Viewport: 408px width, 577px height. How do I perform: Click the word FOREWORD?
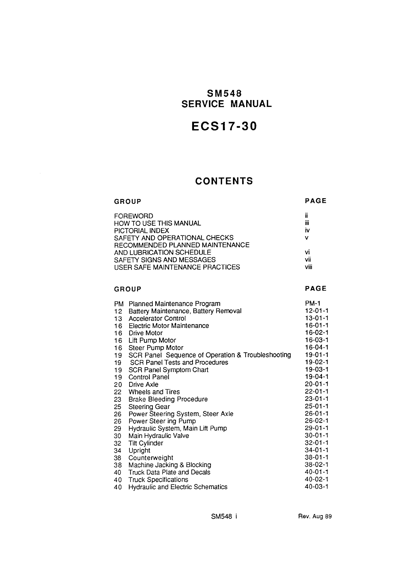(133, 216)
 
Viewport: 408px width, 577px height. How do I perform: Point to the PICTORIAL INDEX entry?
(141, 231)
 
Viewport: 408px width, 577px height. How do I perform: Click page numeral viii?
(308, 267)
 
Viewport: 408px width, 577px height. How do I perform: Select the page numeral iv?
(307, 230)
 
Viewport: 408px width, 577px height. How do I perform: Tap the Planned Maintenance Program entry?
(174, 304)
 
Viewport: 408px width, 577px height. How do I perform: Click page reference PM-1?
(312, 304)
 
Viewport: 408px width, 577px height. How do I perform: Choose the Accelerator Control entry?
(157, 318)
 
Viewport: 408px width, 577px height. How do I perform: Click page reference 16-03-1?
(317, 340)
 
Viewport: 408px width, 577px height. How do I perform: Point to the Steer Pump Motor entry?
(156, 348)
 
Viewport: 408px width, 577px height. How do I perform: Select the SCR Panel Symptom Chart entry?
(168, 370)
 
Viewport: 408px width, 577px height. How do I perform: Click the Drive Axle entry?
(144, 385)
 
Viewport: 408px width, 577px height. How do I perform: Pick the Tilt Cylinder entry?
(146, 443)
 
